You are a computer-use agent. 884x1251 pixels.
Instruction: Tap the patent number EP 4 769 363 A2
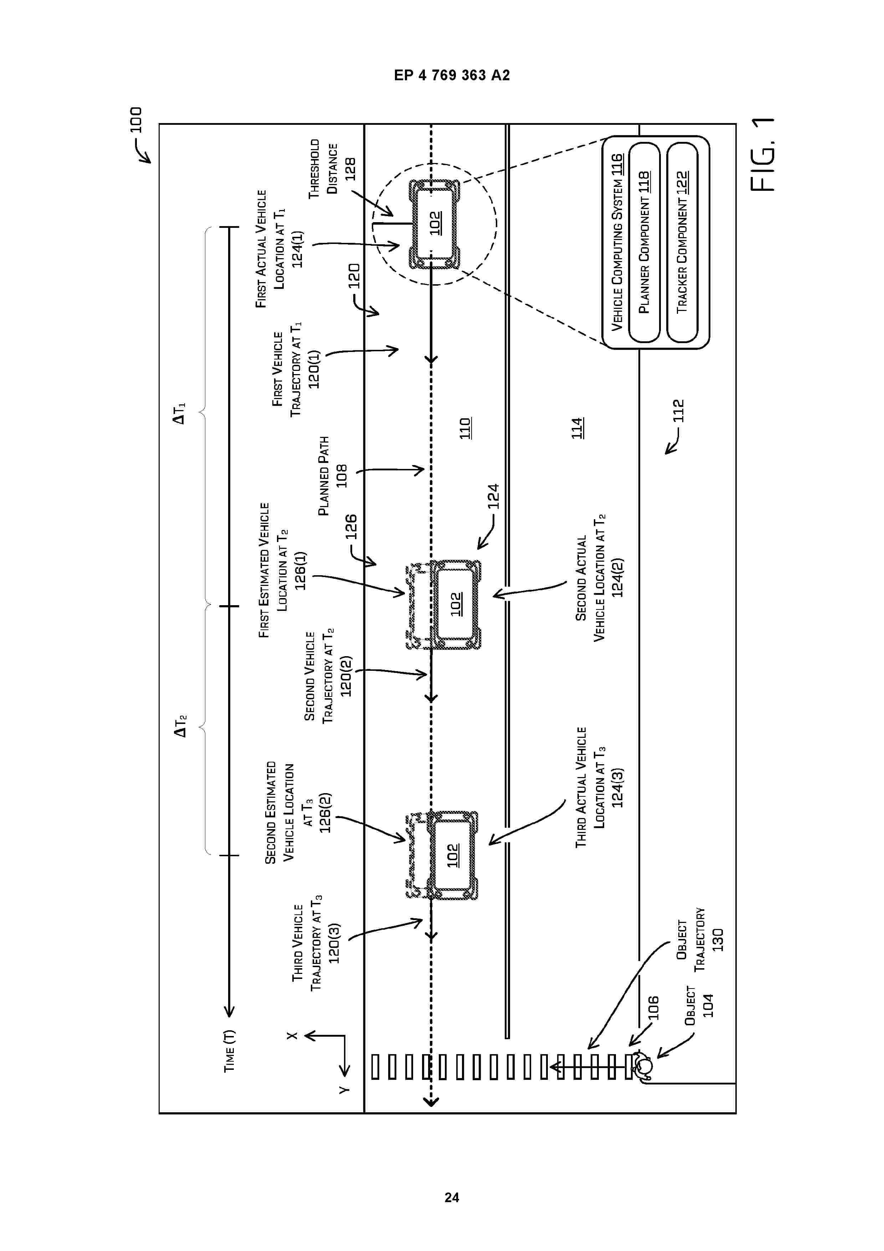pyautogui.click(x=452, y=75)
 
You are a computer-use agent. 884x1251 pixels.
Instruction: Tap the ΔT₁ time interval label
pyautogui.click(x=179, y=413)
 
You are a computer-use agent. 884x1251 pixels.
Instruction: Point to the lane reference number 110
pyautogui.click(x=465, y=428)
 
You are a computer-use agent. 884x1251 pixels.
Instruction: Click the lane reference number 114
pyautogui.click(x=577, y=428)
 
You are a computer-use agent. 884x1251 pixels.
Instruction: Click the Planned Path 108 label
pyautogui.click(x=332, y=476)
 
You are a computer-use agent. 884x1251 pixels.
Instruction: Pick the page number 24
pyautogui.click(x=452, y=1198)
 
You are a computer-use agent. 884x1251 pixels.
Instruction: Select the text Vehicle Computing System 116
pyautogui.click(x=617, y=242)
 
